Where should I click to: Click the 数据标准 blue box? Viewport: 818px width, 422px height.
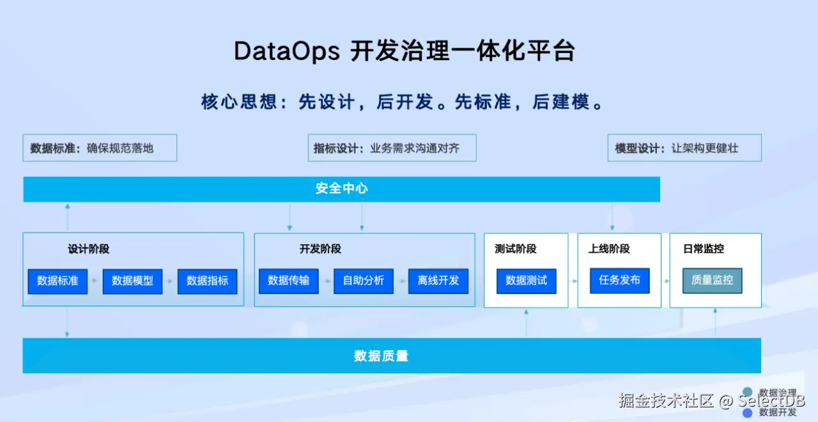click(x=58, y=281)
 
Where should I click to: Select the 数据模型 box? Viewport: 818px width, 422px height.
click(x=132, y=281)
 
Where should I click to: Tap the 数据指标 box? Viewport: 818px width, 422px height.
click(x=207, y=281)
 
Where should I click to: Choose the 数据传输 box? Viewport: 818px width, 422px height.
click(x=288, y=281)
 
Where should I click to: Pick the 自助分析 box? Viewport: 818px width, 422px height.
click(x=363, y=281)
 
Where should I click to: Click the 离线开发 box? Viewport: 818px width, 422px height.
click(x=438, y=281)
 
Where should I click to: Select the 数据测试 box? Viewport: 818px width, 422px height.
click(x=526, y=281)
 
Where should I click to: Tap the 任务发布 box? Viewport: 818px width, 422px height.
click(x=619, y=280)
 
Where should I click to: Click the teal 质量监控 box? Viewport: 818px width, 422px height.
click(x=712, y=280)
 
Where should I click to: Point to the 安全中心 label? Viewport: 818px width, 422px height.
click(x=341, y=189)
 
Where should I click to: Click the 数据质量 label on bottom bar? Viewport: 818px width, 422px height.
click(x=381, y=356)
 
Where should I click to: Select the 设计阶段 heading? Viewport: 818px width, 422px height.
click(x=89, y=249)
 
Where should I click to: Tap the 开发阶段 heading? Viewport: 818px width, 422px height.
click(x=320, y=249)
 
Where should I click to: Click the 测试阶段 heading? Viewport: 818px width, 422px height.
click(x=515, y=249)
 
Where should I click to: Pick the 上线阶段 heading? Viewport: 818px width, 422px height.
click(x=609, y=249)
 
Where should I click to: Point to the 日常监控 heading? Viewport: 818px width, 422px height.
click(x=703, y=249)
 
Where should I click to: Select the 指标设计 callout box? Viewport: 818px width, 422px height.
click(x=392, y=148)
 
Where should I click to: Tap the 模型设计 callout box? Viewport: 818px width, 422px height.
click(x=684, y=148)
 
